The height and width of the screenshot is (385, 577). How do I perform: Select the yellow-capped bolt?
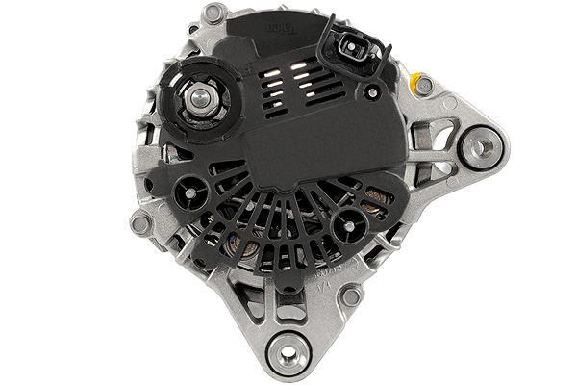(418, 85)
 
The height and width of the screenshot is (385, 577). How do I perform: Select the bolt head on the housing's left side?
(140, 223)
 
